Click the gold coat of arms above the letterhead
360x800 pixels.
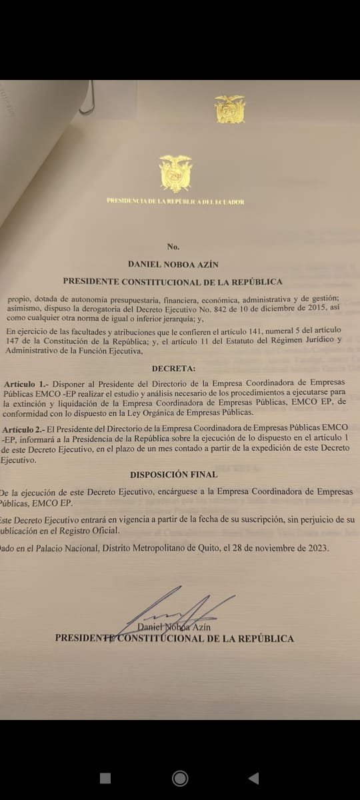[x=175, y=173]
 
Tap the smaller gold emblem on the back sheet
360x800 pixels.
[x=230, y=109]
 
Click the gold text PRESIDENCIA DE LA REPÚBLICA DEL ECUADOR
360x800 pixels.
[x=175, y=201]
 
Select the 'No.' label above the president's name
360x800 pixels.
[x=173, y=247]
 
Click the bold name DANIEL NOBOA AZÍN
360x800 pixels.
[x=173, y=264]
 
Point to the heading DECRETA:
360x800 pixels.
[x=173, y=368]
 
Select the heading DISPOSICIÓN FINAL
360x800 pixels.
[x=174, y=474]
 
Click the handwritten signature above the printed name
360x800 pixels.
[x=177, y=608]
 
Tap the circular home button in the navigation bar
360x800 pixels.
[x=179, y=778]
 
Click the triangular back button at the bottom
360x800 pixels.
[x=253, y=778]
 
